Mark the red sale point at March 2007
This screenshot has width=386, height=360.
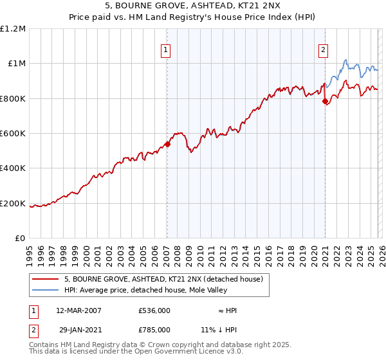pos(167,145)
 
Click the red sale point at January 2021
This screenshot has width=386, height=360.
pos(325,101)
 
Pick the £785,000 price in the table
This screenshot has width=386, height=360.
pos(154,329)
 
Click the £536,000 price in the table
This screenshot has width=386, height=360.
pos(154,310)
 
